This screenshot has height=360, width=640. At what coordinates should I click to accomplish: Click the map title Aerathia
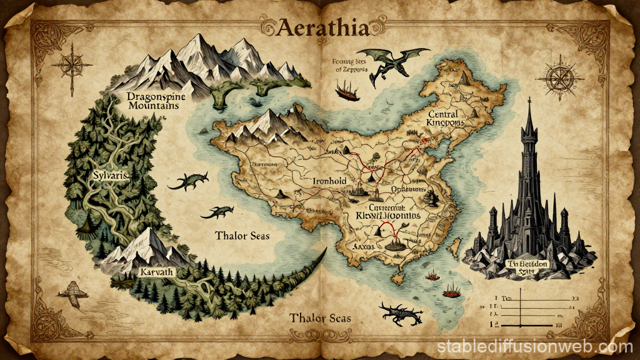(x=320, y=27)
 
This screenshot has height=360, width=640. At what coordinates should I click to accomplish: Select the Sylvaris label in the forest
(x=110, y=177)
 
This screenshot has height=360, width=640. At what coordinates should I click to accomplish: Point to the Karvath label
(x=157, y=272)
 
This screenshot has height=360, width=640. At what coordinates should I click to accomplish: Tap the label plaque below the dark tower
(x=529, y=267)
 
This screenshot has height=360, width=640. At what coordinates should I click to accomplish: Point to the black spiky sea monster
(x=396, y=312)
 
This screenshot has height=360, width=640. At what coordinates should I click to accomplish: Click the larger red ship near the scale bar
(x=451, y=289)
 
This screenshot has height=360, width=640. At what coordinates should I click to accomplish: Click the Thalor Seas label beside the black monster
(x=320, y=318)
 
